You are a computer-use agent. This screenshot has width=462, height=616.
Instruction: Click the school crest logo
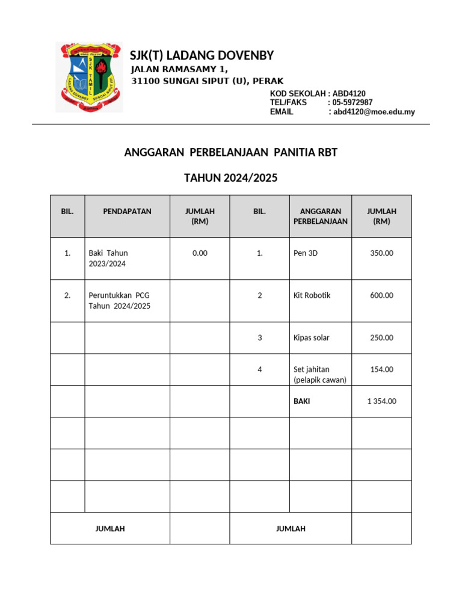click(x=88, y=77)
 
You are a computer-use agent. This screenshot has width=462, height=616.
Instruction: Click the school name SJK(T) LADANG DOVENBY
click(x=202, y=56)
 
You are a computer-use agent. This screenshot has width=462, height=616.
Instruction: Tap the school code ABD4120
click(x=350, y=93)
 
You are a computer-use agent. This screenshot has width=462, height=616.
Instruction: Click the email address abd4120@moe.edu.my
click(x=374, y=112)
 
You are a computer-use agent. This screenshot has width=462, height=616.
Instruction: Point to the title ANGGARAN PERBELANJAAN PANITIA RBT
click(x=230, y=153)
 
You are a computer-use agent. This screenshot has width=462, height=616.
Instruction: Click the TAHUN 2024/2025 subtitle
click(x=230, y=178)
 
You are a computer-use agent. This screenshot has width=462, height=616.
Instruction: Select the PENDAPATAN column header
click(x=127, y=212)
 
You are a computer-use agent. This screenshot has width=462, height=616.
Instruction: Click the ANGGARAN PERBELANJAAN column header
click(x=320, y=216)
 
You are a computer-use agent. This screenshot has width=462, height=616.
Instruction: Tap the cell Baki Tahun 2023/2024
click(x=108, y=259)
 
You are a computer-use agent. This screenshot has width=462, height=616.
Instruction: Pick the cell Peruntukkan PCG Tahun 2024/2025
click(x=119, y=301)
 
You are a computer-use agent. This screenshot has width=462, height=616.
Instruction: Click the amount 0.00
click(x=200, y=253)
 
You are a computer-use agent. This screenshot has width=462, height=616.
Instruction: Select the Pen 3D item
click(x=305, y=253)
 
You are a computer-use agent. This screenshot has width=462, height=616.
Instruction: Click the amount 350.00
click(x=381, y=253)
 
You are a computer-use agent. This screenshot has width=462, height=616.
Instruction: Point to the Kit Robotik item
click(x=312, y=295)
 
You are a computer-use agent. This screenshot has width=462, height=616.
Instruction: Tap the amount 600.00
click(x=381, y=295)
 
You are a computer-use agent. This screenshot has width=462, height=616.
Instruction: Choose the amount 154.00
click(x=381, y=369)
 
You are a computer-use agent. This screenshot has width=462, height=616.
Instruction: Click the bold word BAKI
click(x=301, y=401)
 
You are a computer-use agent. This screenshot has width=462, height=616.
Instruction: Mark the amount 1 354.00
click(x=381, y=401)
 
